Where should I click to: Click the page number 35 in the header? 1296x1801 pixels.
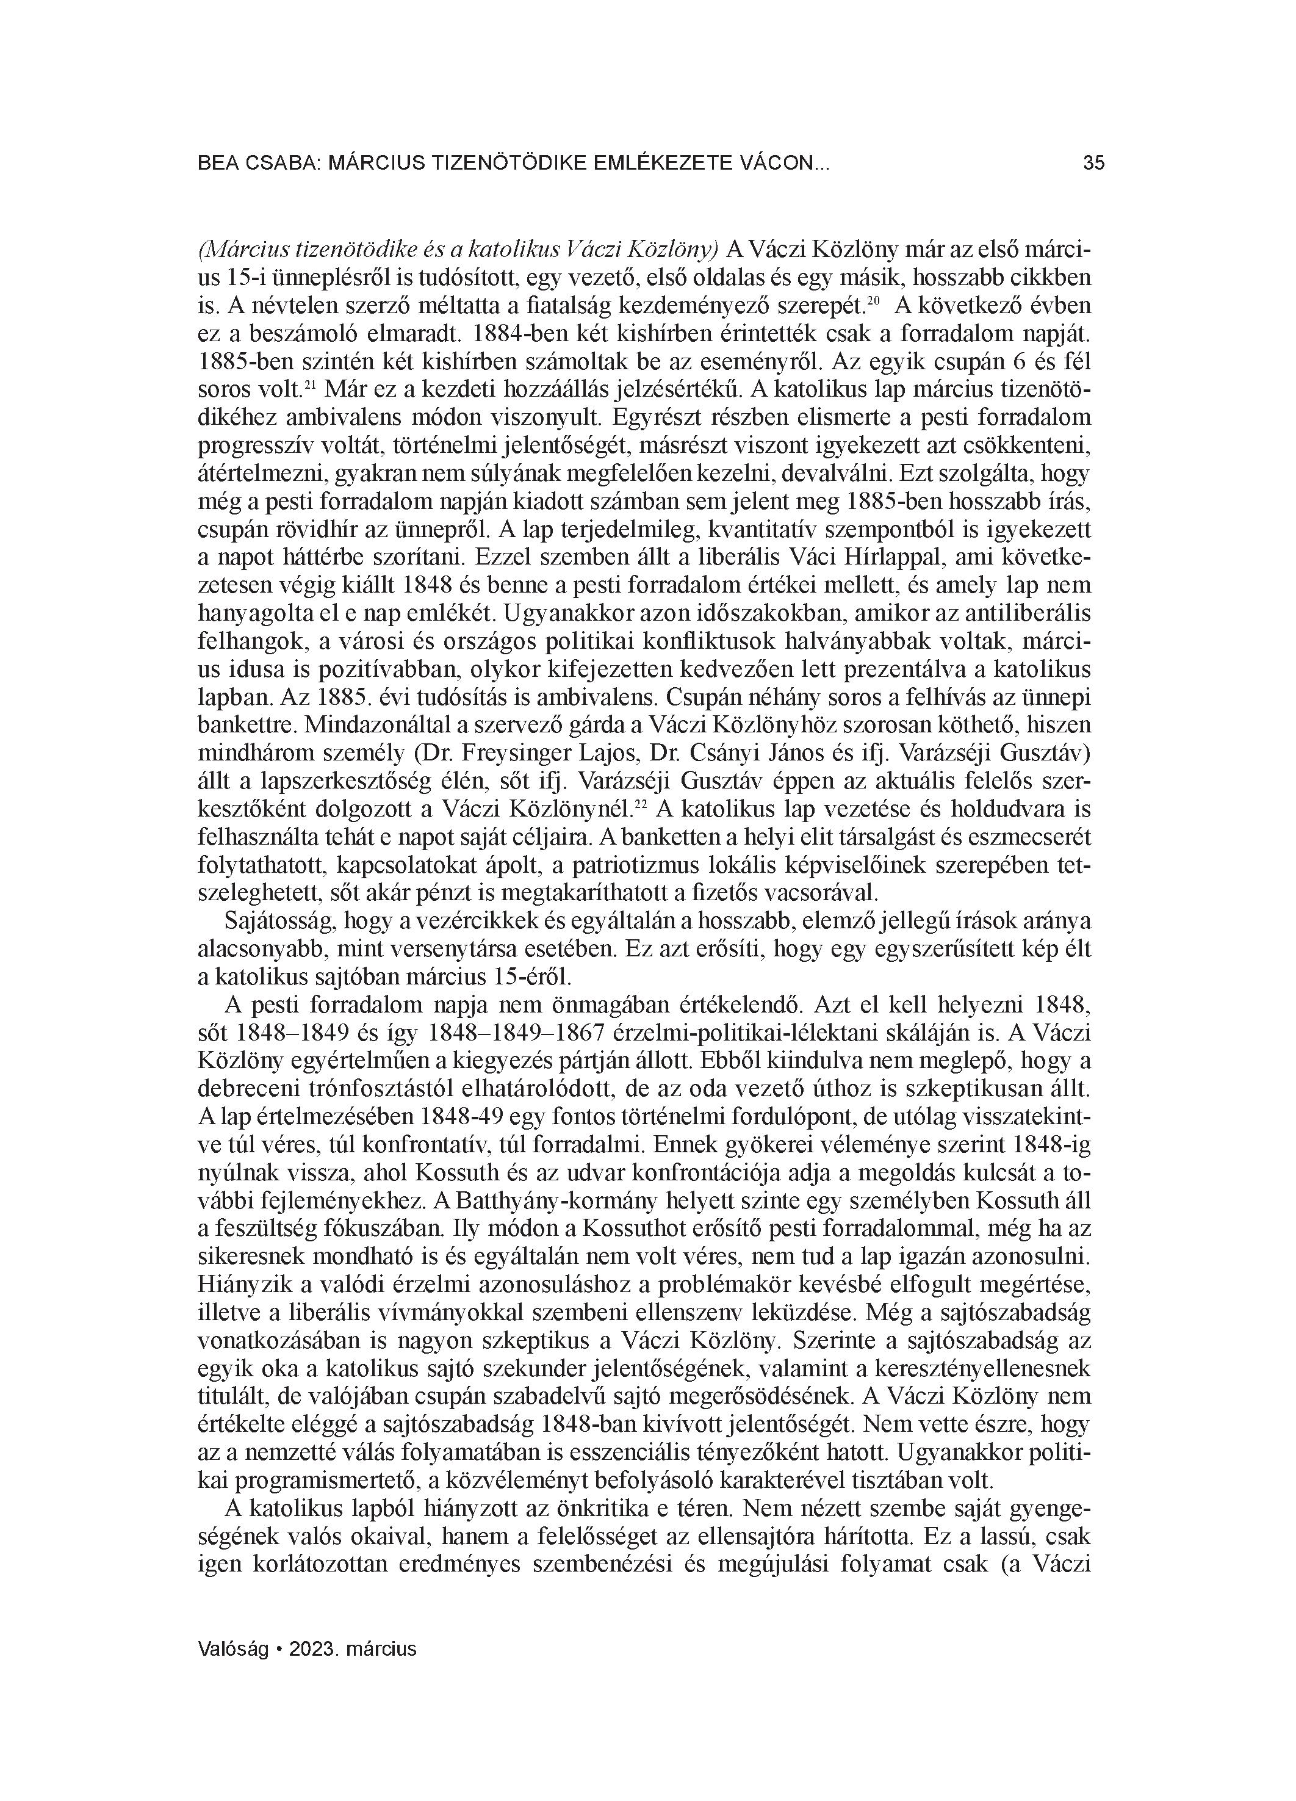point(1093,164)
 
